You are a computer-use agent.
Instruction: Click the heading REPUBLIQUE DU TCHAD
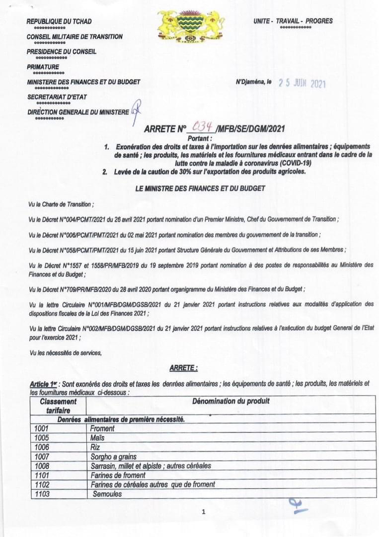(59, 21)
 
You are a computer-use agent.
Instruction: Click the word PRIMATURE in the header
(43, 67)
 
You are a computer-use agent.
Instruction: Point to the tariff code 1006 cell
(42, 447)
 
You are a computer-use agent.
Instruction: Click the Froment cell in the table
(103, 428)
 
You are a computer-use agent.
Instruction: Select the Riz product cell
(95, 447)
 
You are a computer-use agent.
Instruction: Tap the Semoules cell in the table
(107, 494)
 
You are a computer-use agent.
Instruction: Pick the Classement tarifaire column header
(59, 406)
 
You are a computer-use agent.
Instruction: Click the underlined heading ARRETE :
(183, 368)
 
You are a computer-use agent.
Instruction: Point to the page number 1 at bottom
(204, 512)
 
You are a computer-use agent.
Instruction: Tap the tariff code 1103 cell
(42, 494)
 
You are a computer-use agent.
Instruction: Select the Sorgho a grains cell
(113, 456)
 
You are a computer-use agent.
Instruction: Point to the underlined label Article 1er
(44, 384)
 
